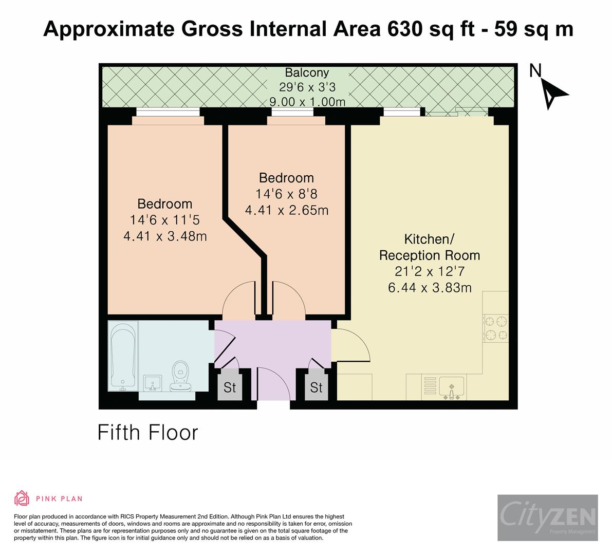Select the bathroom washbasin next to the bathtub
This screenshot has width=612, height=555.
[x=153, y=383]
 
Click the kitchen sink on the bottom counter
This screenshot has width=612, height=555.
[x=451, y=386]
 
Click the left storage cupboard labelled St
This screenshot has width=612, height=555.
[x=229, y=387]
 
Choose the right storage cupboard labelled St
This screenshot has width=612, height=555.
[x=316, y=387]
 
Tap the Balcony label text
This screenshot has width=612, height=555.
[x=307, y=72]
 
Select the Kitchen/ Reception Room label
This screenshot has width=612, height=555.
[x=429, y=247]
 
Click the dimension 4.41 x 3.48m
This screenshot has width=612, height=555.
[x=165, y=236]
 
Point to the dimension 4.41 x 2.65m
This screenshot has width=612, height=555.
[x=286, y=210]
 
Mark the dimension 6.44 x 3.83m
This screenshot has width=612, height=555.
[x=429, y=288]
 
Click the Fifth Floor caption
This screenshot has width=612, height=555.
[x=148, y=433]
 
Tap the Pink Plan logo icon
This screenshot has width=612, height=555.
[x=22, y=498]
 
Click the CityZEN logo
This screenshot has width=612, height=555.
[x=547, y=517]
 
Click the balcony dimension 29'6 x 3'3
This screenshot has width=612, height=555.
[x=307, y=87]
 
